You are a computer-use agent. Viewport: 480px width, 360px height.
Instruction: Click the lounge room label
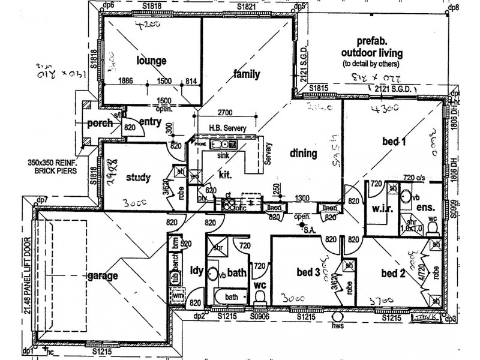151,61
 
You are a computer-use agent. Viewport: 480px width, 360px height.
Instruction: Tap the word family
247,74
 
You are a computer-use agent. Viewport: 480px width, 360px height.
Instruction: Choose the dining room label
302,153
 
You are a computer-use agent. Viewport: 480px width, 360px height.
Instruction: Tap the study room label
138,178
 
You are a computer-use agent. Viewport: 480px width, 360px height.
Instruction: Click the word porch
100,124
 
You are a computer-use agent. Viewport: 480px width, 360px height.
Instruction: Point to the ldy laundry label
197,269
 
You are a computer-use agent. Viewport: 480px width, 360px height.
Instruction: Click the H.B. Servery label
226,128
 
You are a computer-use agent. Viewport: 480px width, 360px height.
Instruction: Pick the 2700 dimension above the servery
225,112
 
